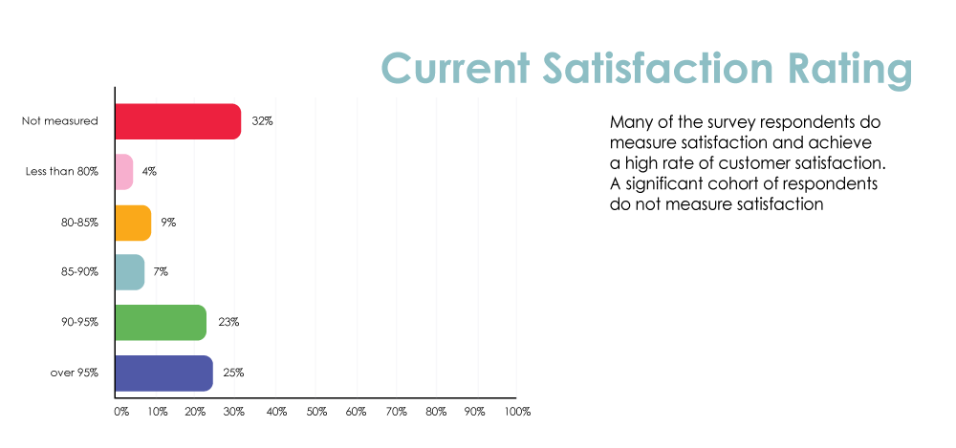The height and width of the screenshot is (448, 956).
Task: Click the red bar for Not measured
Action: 178,122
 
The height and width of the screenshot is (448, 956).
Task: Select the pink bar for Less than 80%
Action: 124,172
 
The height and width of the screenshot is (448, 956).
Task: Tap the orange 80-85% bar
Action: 134,224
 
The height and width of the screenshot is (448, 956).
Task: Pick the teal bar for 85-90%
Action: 130,272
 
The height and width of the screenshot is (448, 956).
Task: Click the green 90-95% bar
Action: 161,323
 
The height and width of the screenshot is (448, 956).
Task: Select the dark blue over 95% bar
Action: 164,373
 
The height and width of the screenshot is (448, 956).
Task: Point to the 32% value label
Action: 262,121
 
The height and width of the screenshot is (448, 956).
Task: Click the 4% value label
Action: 149,172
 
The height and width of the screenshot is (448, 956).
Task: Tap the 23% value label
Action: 228,323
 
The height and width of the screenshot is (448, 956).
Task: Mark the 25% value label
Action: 233,373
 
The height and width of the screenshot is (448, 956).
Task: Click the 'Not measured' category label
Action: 59,120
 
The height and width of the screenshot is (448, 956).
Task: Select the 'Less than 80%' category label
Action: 61,172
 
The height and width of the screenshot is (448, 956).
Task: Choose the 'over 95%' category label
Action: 75,373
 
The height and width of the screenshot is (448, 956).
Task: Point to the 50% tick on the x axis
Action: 317,412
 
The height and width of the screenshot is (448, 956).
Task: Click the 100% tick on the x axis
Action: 517,412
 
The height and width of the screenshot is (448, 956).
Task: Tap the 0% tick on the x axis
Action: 121,412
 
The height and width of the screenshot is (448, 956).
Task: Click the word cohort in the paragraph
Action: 725,184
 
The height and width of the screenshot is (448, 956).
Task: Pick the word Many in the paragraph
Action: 629,123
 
